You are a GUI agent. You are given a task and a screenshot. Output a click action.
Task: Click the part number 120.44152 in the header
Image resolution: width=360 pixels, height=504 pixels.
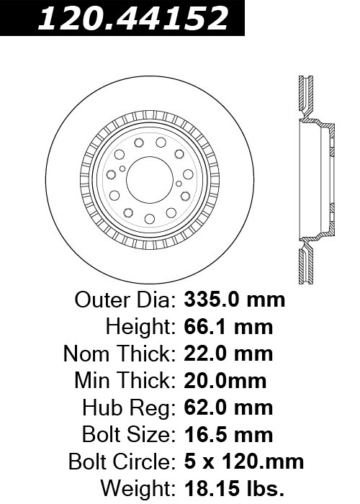133,18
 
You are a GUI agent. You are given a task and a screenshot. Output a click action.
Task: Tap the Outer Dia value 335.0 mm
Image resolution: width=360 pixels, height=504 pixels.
234,300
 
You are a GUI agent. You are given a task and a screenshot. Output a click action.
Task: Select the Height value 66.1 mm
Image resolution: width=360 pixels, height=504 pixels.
228,327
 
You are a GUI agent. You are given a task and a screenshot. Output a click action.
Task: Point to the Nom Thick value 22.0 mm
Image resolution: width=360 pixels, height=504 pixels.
228,354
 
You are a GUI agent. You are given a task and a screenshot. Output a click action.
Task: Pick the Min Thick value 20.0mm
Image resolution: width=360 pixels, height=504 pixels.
225,381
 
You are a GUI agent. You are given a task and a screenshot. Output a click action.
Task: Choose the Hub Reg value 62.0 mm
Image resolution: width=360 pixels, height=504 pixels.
228,408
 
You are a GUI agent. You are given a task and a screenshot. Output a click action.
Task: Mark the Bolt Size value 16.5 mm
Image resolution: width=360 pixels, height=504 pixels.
228,435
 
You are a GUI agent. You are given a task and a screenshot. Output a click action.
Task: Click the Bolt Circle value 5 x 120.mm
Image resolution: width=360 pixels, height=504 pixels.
243,462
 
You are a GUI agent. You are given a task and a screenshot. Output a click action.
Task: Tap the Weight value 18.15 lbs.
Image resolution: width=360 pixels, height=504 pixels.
234,489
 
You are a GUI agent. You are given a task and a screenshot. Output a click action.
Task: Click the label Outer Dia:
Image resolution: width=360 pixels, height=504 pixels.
125,300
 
